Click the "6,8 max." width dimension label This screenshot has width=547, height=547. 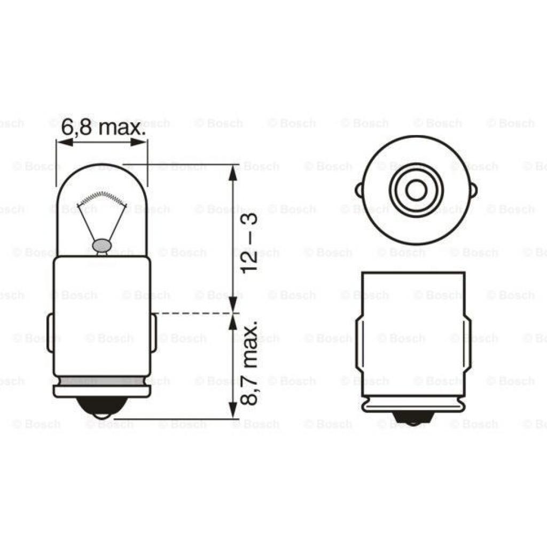[101, 128]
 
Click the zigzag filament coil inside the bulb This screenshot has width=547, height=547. [101, 198]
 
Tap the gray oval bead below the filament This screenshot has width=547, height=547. [101, 245]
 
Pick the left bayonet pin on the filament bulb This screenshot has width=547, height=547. [50, 333]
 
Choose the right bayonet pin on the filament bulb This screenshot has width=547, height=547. [153, 333]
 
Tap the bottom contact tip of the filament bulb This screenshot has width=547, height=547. [101, 408]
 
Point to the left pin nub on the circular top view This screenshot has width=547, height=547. [359, 190]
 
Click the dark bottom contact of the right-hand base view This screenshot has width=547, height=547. [413, 418]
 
